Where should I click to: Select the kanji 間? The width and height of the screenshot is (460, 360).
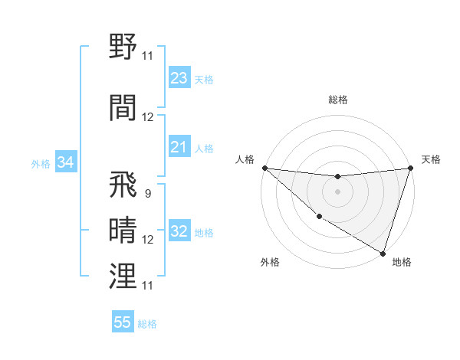(x=123, y=107)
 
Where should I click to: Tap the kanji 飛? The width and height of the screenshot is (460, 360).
(x=123, y=185)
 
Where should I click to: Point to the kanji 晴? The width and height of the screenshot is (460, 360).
(x=123, y=230)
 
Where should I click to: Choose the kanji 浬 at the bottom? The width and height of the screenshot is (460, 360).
(x=123, y=275)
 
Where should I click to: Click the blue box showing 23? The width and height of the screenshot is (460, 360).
(x=179, y=78)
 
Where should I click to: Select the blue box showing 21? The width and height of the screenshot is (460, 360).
(x=179, y=147)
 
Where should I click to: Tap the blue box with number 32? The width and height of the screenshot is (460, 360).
(x=179, y=232)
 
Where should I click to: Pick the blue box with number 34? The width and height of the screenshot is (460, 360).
(x=66, y=162)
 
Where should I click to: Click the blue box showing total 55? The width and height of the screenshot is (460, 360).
(x=123, y=322)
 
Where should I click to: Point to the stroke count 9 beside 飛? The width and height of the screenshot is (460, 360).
(x=147, y=194)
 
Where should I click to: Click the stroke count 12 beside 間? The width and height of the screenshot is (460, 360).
(x=148, y=117)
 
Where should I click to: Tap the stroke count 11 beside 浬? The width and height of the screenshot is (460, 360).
(x=148, y=285)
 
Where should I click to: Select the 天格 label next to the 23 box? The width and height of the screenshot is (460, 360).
(x=204, y=80)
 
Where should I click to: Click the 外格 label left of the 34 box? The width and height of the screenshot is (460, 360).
(x=41, y=163)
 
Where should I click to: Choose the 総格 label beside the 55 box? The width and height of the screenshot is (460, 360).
(x=147, y=324)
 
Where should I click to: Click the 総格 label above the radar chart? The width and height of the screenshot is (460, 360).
(x=337, y=100)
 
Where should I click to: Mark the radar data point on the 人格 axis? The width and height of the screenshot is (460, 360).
(x=264, y=168)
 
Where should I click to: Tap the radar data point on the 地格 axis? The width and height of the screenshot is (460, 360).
(x=383, y=252)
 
